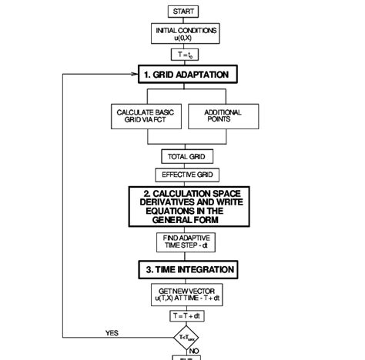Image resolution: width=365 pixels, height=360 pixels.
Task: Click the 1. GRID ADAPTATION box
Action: pos(188,75)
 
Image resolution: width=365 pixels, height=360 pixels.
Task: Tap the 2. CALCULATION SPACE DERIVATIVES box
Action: pos(188,206)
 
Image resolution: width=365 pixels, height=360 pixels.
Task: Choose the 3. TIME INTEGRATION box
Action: pos(188,269)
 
